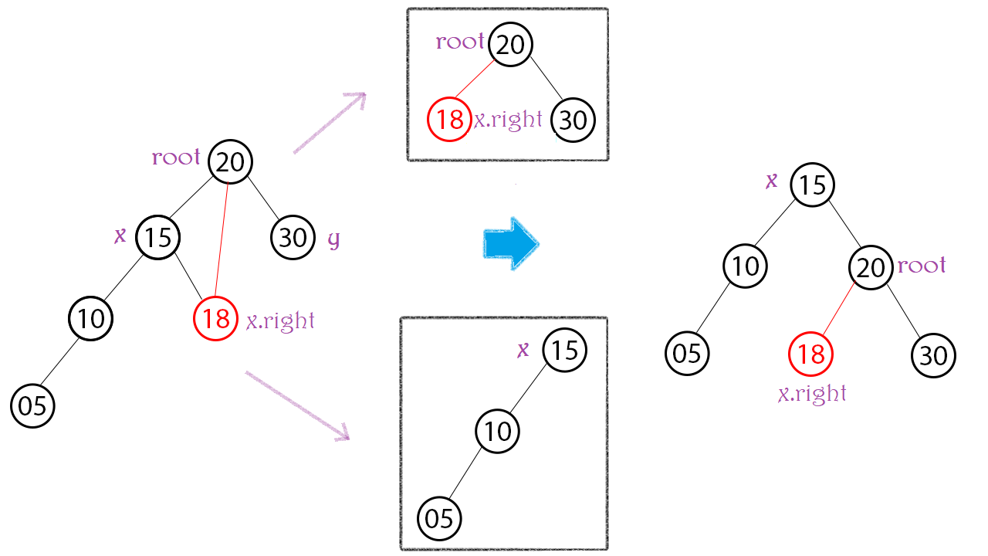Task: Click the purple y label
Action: (x=333, y=239)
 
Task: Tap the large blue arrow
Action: (x=510, y=244)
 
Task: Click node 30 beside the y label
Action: (x=293, y=237)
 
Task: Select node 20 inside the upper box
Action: (x=511, y=45)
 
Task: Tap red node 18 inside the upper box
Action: (x=449, y=120)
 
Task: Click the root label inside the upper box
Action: (x=460, y=42)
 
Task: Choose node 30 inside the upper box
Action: (x=573, y=120)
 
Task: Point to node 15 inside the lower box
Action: (x=565, y=351)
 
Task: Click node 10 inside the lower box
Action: (x=498, y=431)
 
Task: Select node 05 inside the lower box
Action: (x=439, y=518)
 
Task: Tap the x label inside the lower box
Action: (x=523, y=350)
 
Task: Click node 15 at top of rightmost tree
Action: (x=813, y=185)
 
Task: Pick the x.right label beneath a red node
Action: (x=812, y=394)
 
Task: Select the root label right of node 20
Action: (x=922, y=266)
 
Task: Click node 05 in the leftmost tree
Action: (x=33, y=405)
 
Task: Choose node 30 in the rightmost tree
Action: (x=934, y=355)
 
